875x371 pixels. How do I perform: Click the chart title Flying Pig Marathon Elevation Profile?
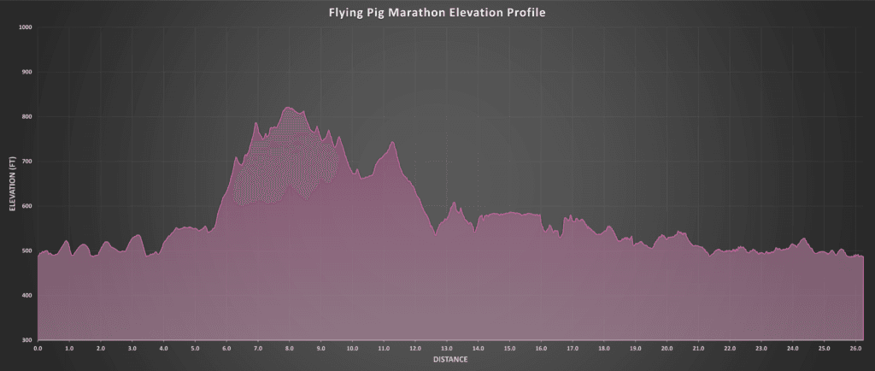point(437,13)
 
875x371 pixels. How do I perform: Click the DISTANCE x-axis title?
point(450,360)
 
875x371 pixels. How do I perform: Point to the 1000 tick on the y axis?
point(25,27)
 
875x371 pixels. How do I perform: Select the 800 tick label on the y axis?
point(26,116)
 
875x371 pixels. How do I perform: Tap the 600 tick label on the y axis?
point(26,206)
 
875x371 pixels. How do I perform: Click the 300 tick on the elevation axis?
point(26,340)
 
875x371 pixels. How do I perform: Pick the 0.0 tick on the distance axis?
point(38,349)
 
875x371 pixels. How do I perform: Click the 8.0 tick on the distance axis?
point(290,349)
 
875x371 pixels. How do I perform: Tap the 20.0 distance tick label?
point(667,349)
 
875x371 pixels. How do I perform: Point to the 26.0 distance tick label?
point(855,349)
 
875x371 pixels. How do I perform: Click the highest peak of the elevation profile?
point(288,107)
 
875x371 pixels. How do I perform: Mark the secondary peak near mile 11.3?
point(392,142)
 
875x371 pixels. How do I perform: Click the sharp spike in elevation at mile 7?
point(256,123)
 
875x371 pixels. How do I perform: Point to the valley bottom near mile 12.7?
point(436,233)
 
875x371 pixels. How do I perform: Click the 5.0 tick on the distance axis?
point(195,349)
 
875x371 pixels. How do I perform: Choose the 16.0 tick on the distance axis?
point(541,349)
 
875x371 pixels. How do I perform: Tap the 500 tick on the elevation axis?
point(26,250)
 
